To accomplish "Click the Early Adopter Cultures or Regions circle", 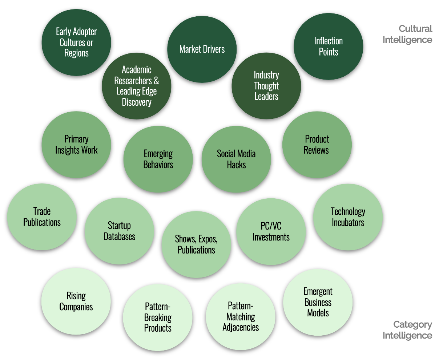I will point(76,42).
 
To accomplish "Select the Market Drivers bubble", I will point(202,49).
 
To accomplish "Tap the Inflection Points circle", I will point(328,46).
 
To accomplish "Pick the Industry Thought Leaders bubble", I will point(266,86).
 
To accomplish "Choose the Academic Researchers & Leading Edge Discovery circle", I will point(137,86).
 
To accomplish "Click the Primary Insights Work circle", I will point(76,145).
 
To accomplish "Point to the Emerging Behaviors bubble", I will point(158,159).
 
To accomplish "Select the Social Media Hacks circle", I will point(236,159).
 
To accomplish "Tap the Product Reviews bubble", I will point(317,145).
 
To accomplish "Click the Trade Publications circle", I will point(42,217).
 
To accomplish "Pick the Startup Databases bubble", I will point(119,231).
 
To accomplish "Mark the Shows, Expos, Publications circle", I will point(196,244).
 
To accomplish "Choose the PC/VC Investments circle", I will point(271,232).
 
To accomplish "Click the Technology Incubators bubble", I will point(348,217).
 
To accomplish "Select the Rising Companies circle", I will point(76,301).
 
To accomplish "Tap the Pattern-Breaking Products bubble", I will point(158,317).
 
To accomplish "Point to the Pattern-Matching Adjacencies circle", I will point(241,316).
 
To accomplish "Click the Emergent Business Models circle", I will point(318,302).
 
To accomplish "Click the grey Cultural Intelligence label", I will point(408,34).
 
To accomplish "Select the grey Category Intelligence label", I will point(408,330).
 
